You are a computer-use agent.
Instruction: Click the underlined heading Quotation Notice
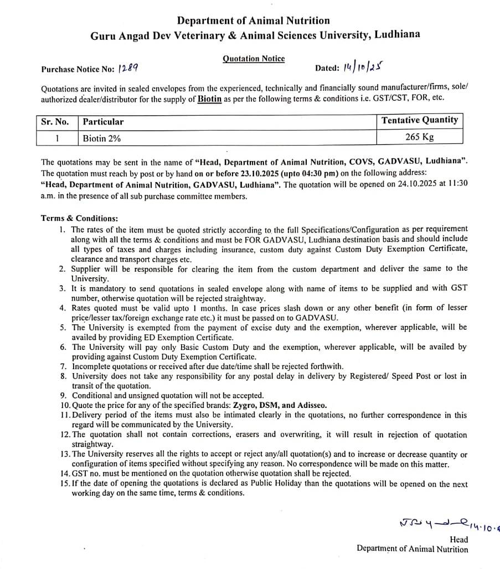(254, 58)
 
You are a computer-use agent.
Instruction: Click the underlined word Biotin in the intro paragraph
(209, 99)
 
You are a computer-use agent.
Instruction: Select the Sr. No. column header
(55, 121)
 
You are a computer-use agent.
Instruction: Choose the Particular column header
(104, 122)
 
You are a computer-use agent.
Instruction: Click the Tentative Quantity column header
(420, 120)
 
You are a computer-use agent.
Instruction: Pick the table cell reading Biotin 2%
(102, 138)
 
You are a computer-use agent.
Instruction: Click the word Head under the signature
(458, 540)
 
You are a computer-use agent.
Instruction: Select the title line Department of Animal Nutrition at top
(254, 20)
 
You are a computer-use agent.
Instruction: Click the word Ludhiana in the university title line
(396, 34)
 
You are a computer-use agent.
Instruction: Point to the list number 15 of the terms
(65, 484)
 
